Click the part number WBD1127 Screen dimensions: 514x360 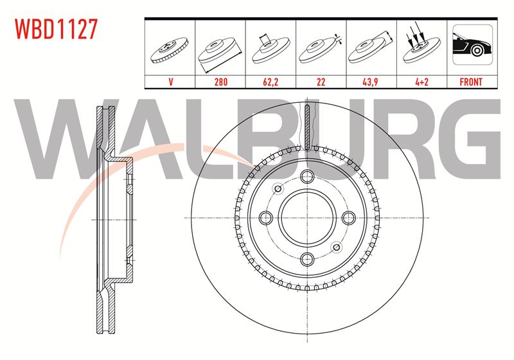point(57,29)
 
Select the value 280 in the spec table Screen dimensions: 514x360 point(220,82)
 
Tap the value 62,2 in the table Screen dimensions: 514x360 point(270,82)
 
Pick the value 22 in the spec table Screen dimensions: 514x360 point(321,82)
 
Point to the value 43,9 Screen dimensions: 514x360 point(370,82)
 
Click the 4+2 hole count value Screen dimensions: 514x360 point(421,82)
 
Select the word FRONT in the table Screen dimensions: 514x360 point(471,82)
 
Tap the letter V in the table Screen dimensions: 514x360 point(170,82)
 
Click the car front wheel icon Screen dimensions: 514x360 point(472,44)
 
